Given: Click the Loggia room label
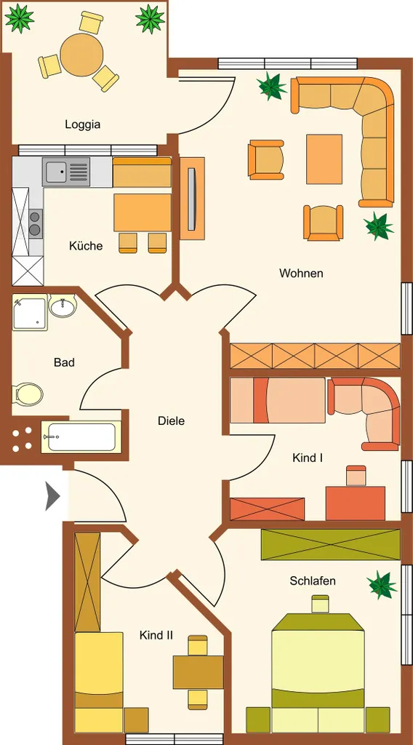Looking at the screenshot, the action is [x=83, y=124].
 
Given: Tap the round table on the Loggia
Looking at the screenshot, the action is [x=81, y=55].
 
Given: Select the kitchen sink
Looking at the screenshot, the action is [x=65, y=172].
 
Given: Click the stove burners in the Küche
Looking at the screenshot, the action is [x=35, y=223].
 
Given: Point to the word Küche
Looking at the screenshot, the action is [x=86, y=246].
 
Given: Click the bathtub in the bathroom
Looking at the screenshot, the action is [x=79, y=437].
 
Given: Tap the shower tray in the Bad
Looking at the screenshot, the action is [x=30, y=312].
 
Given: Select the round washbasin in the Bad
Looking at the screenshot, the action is [x=63, y=306].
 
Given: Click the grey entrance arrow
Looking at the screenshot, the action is [x=52, y=496].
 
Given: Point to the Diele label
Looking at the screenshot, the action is [x=171, y=421].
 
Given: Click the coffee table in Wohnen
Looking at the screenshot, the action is [x=324, y=159].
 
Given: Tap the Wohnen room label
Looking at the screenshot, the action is [x=301, y=274].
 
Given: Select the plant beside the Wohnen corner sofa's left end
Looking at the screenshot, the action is [x=271, y=86].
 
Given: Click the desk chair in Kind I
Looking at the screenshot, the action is [x=356, y=476].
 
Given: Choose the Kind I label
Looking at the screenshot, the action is [x=308, y=458].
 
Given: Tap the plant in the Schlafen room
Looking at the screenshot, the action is [x=382, y=584].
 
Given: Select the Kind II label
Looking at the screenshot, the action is [x=156, y=634].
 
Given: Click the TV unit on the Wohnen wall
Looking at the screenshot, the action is [x=192, y=199].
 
